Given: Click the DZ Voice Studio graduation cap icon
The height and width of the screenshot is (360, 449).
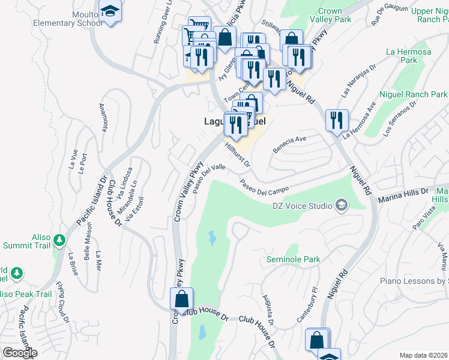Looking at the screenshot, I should click(342, 205).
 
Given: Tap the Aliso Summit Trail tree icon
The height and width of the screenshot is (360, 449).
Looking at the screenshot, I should click(59, 241).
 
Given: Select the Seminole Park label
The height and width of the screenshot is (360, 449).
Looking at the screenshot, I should click(294, 259).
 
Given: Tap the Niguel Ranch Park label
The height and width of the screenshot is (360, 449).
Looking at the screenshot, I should click(413, 94).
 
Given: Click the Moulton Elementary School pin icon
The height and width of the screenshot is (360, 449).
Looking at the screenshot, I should click(110, 12).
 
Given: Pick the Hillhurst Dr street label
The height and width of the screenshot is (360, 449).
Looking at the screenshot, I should click(238, 154).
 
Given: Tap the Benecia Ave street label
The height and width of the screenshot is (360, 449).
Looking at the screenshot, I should click(290, 144).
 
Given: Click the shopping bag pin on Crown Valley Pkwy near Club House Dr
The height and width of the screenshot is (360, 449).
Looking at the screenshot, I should click(181, 299).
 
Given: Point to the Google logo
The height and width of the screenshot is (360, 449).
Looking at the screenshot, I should click(20, 353).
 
